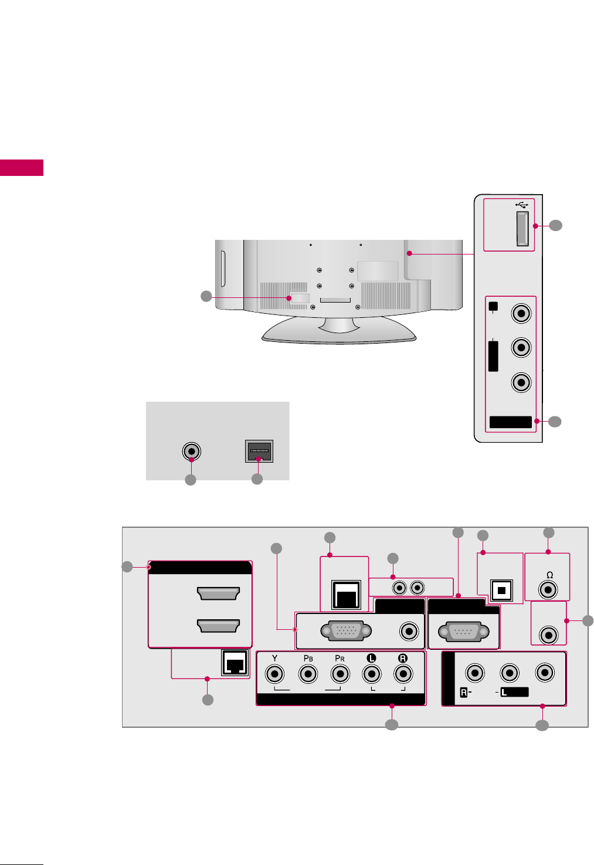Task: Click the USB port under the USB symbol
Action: tap(522, 228)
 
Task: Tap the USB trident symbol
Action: tap(522, 204)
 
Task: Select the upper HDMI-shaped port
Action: tap(219, 593)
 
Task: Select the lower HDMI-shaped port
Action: tap(219, 626)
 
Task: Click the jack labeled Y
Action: tap(274, 674)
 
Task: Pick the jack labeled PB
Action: tap(308, 674)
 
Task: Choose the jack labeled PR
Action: tap(340, 674)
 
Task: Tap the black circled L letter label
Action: tap(371, 658)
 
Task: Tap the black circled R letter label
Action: tap(402, 658)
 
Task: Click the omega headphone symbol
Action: tap(549, 575)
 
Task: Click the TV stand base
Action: tap(339, 331)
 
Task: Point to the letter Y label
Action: tap(274, 658)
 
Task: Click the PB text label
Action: tap(308, 658)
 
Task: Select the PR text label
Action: tap(340, 658)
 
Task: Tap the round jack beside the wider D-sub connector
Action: tap(409, 631)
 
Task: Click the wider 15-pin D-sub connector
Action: tap(346, 631)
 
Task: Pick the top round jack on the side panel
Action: tap(521, 313)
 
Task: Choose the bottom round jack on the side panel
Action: tap(521, 382)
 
